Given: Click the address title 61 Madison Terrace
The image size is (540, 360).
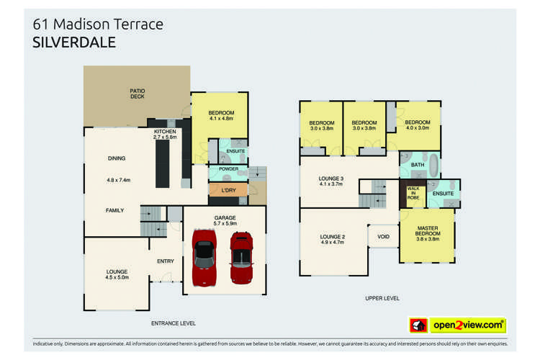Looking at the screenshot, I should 99,24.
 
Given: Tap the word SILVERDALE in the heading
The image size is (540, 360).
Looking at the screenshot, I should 74,42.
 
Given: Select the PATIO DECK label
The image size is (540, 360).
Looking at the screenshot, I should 137,94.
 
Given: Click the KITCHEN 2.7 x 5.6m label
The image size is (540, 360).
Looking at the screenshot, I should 165,134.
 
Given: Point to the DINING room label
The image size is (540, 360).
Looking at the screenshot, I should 116,158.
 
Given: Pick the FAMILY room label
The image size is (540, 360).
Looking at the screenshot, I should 115,210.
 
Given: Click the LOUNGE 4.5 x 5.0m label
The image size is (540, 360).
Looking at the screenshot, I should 116,275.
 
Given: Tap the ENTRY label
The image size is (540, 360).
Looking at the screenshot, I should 165,261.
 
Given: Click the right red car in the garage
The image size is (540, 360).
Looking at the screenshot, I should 241,258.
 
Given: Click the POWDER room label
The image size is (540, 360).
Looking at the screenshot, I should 228,170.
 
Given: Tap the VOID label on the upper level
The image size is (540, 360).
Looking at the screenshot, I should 382,236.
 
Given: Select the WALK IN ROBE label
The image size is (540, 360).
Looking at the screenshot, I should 413,194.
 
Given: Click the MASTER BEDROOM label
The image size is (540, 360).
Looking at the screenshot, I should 427,234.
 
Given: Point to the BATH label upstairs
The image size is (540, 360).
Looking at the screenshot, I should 418,165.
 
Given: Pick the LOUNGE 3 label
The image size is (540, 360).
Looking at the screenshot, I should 332,181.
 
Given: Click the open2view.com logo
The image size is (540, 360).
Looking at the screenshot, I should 458,325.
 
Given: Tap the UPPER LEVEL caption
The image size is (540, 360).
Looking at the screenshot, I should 382,298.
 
